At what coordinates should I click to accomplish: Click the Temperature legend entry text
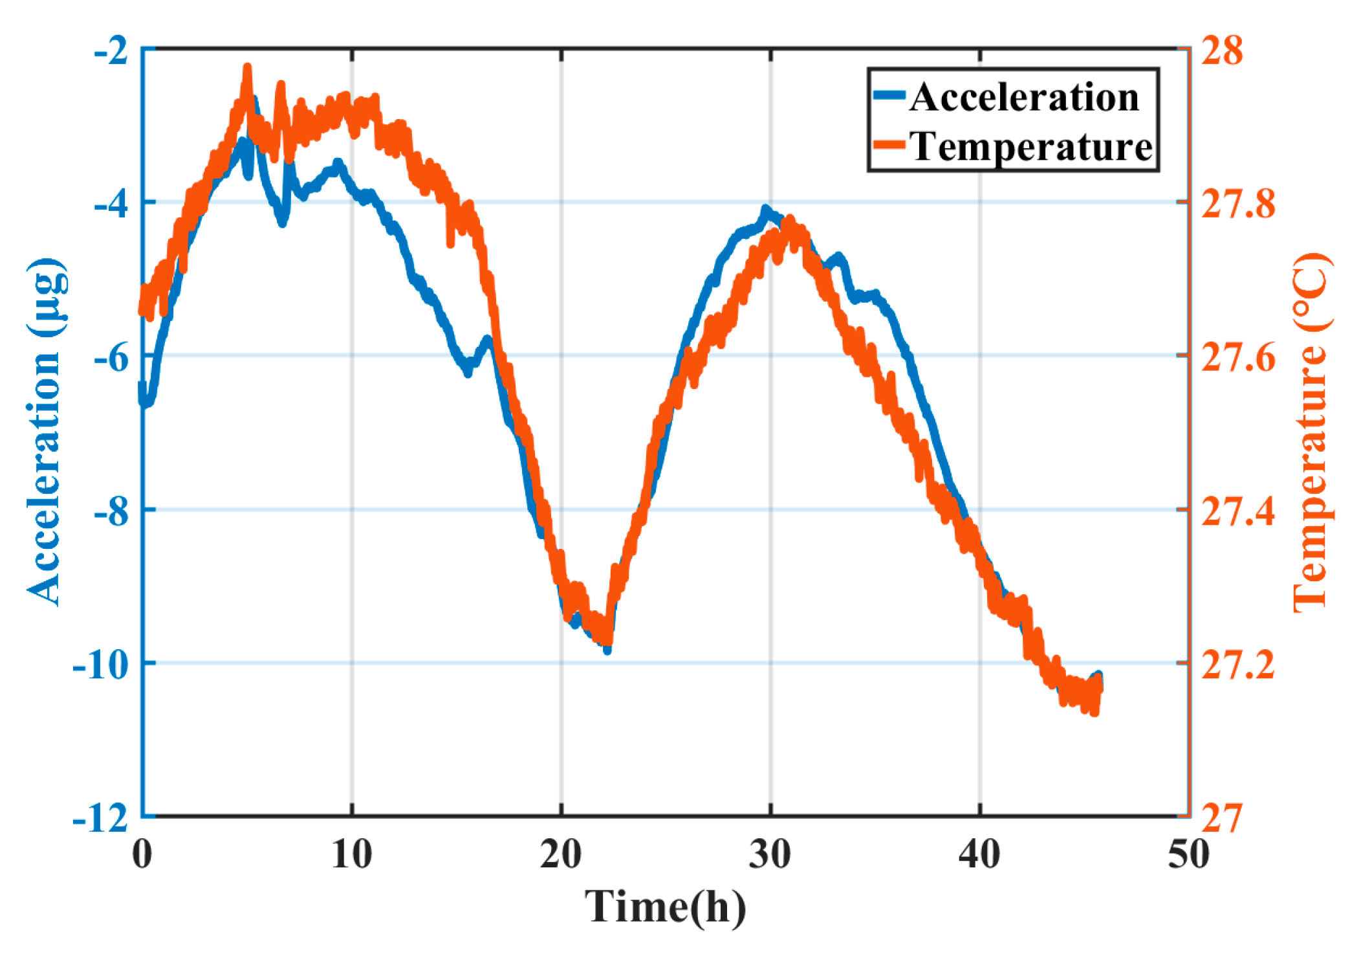coord(1031,146)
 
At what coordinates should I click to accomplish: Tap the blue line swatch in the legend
coord(888,95)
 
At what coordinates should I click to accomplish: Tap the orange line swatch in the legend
coord(888,144)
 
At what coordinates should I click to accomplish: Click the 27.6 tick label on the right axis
coord(1237,358)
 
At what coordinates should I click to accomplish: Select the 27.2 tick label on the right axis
coord(1237,665)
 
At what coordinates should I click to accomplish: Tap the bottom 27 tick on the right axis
coord(1221,818)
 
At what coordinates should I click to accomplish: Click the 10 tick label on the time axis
coord(351,854)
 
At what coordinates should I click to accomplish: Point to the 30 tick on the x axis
coord(770,854)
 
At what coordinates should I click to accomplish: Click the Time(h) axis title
coord(665,906)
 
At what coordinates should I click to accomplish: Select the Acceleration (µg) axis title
coord(45,432)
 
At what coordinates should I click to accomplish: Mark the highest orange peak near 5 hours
coord(247,69)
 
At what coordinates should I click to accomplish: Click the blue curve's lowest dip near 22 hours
coord(607,649)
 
